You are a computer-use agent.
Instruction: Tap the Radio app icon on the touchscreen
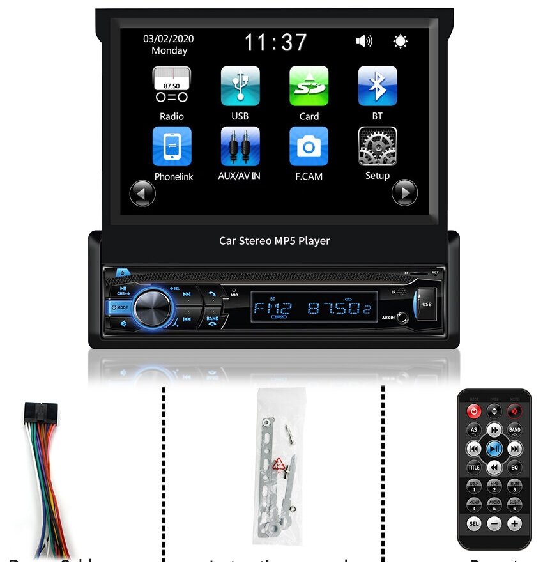pos(171,86)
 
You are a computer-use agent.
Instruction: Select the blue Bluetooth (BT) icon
pos(377,86)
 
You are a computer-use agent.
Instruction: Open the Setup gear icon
pos(377,146)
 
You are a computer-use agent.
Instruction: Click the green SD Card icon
pos(309,86)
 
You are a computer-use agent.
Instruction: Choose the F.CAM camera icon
pos(309,146)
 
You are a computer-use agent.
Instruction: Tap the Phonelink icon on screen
pos(171,146)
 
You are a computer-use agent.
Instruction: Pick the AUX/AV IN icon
pos(240,146)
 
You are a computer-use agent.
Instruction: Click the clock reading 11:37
pos(276,43)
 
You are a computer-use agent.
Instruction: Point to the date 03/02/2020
pos(169,38)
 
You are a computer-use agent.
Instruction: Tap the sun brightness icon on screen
pos(401,42)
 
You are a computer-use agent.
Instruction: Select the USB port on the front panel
pos(426,304)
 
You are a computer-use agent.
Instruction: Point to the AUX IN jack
pos(402,317)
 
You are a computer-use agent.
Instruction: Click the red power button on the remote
pos(474,411)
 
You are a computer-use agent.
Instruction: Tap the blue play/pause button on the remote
pos(494,449)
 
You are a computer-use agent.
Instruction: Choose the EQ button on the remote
pos(514,468)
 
